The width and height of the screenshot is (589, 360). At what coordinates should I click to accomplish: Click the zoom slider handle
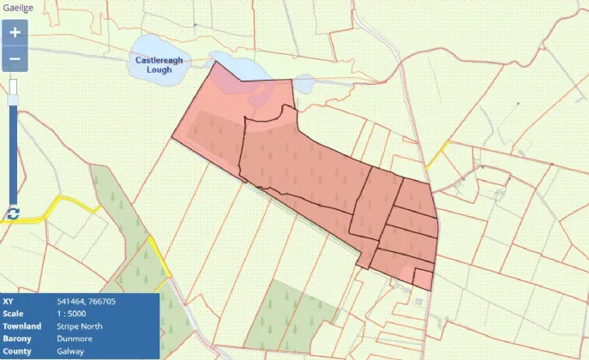coord(14,100)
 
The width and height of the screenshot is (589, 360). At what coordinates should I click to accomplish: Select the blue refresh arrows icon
coord(13,213)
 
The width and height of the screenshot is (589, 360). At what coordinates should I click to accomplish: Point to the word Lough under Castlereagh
coord(159,69)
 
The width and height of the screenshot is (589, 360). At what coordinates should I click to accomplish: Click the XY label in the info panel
coord(9,302)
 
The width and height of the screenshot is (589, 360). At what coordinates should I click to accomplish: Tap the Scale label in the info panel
coord(14,314)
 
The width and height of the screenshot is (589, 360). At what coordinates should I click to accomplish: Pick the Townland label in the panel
coord(21,327)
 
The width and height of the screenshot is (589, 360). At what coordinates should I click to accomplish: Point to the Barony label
coord(17,339)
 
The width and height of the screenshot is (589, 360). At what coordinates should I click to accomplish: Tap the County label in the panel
coord(17,351)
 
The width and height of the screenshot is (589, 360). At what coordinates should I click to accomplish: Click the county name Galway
coord(70,351)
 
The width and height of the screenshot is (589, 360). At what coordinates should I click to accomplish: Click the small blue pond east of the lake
coord(304,85)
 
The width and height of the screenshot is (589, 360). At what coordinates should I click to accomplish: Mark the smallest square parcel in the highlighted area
coord(423,279)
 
